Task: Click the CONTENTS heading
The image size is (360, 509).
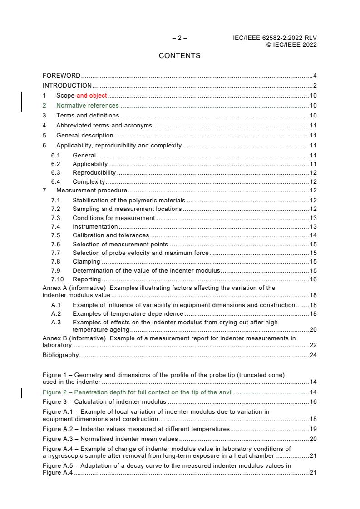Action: coord(179,56)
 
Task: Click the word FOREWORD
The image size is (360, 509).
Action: coord(61,75)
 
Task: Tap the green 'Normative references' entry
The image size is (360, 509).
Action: coord(87,105)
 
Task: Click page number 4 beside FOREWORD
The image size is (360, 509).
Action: coord(315,75)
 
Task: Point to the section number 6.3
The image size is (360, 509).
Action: coord(56,172)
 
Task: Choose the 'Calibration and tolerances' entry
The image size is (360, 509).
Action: coord(110,235)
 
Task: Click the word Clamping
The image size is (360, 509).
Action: coord(86,261)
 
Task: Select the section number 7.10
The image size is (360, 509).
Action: coord(57,279)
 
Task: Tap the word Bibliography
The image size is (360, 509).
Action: coord(60,355)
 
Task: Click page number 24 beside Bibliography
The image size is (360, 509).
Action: coord(313,355)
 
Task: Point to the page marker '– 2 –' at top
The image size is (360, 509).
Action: coord(179,38)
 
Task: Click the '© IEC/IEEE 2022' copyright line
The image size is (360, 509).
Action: coord(291,44)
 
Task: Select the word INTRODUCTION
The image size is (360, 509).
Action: coord(67,85)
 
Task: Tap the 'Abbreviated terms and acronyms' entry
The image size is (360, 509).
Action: coord(104,125)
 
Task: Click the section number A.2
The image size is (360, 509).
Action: coord(56,313)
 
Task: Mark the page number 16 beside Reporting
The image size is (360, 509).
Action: coord(313,279)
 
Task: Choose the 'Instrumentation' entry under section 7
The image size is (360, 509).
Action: coord(95,226)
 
